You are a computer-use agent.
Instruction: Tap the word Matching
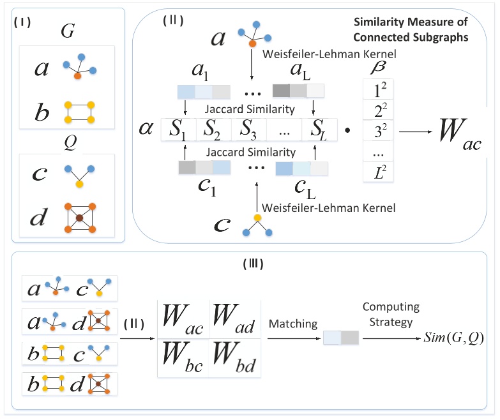click(293, 324)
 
